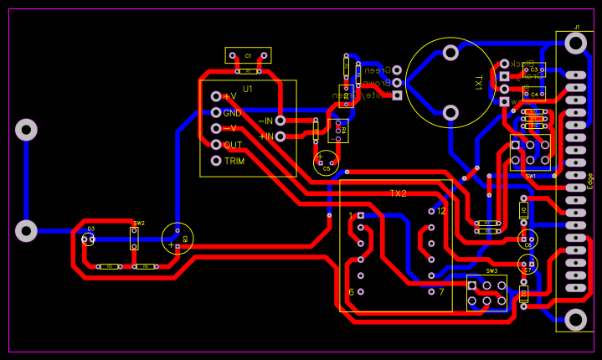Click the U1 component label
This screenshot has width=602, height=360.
tap(248, 88)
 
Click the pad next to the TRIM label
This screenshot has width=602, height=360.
tap(216, 161)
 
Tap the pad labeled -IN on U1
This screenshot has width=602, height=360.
tap(280, 121)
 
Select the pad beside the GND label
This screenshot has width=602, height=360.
tap(216, 112)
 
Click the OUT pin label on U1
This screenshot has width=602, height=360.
tap(233, 145)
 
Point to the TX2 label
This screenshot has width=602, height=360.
tap(398, 193)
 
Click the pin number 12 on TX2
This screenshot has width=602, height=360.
tap(441, 211)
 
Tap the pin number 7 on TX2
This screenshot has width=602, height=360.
tap(441, 291)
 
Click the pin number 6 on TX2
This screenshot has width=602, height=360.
tap(352, 291)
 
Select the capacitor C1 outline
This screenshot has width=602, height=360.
tap(248, 55)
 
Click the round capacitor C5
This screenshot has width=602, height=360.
tap(327, 162)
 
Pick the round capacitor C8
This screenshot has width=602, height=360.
tap(178, 238)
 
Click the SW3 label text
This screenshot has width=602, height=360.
tap(491, 271)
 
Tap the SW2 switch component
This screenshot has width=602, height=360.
tap(134, 238)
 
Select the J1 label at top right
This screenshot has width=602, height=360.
tap(577, 28)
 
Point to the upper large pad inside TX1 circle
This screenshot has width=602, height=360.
tap(450, 53)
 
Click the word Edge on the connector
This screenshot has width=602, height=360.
tap(590, 181)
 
